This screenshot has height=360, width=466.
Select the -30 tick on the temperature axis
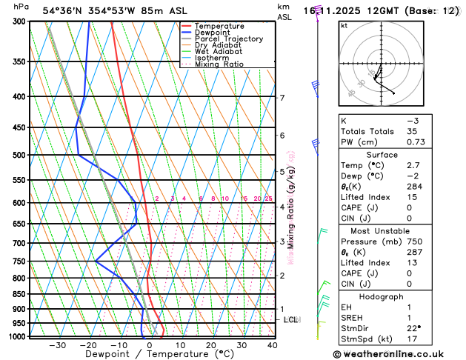(57, 345)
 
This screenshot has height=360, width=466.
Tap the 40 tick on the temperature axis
(272, 345)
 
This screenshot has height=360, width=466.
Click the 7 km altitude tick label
(282, 98)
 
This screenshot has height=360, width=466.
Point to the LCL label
(290, 320)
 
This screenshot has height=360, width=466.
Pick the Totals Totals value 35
(412, 131)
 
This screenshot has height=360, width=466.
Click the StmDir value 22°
(414, 328)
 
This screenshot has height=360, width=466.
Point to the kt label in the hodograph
(344, 25)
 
